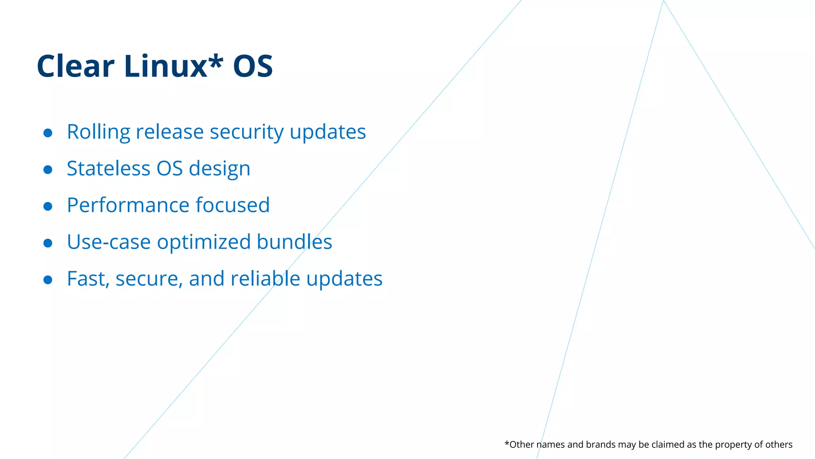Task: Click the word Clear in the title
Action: click(x=76, y=66)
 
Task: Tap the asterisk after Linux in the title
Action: click(x=216, y=62)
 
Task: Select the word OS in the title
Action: click(x=253, y=66)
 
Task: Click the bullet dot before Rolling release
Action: click(x=48, y=133)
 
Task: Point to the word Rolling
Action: click(x=98, y=132)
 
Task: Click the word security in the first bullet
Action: click(x=246, y=132)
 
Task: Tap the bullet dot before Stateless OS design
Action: click(x=48, y=170)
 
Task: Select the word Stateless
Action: click(x=108, y=169)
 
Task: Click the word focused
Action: click(x=232, y=205)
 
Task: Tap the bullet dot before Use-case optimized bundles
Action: click(x=48, y=243)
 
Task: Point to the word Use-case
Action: click(x=108, y=242)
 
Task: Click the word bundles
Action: click(x=294, y=242)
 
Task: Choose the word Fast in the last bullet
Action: click(x=87, y=279)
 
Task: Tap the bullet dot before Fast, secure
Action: click(x=48, y=280)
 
